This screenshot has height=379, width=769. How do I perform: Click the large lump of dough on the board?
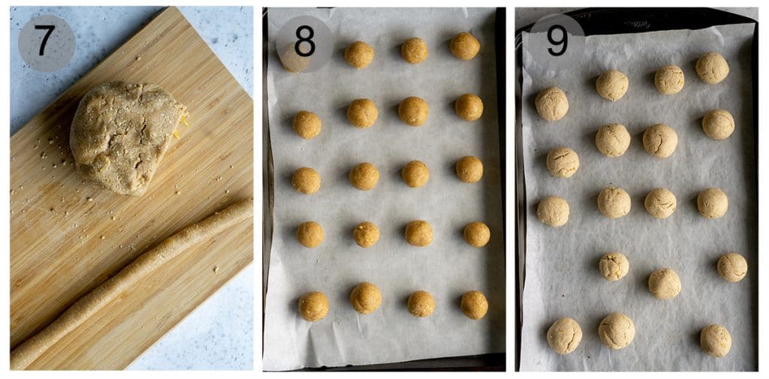tap(124, 135)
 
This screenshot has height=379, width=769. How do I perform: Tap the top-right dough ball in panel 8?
tap(465, 46)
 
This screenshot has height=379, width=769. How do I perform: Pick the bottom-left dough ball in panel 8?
tap(313, 305)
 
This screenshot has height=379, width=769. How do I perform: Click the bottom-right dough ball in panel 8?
tap(474, 305)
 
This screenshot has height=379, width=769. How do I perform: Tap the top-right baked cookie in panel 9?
tap(712, 68)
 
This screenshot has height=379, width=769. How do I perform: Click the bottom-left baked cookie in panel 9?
tap(564, 335)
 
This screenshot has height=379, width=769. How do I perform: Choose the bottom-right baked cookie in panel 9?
tap(716, 340)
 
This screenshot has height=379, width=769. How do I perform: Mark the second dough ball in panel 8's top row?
tap(359, 54)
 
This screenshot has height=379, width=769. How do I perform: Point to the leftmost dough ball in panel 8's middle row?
tap(306, 180)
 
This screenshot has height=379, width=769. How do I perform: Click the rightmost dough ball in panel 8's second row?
tap(469, 107)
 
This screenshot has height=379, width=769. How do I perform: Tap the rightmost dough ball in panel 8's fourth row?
tap(476, 234)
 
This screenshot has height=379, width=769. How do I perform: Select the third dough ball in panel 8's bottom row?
tap(421, 303)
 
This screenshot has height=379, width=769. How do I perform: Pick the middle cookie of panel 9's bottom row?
tap(617, 331)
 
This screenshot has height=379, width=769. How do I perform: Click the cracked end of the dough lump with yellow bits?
tap(178, 120)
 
